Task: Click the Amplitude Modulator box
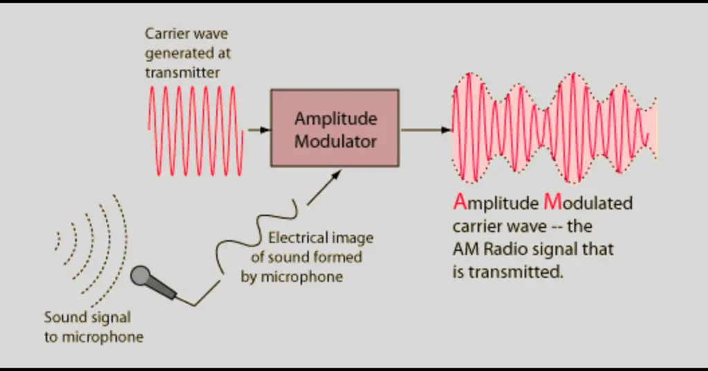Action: pyautogui.click(x=335, y=128)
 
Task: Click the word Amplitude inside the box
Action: pyautogui.click(x=335, y=119)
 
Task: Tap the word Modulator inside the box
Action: pyautogui.click(x=335, y=141)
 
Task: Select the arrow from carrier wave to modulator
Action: pyautogui.click(x=259, y=130)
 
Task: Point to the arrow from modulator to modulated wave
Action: pyautogui.click(x=426, y=130)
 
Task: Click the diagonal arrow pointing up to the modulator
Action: pyautogui.click(x=324, y=188)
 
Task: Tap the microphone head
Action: pyautogui.click(x=140, y=275)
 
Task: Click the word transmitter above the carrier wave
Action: pyautogui.click(x=183, y=73)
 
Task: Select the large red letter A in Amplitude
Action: pyautogui.click(x=460, y=202)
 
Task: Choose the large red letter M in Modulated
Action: pyautogui.click(x=552, y=202)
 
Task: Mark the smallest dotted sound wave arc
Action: pyautogui.click(x=58, y=240)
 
